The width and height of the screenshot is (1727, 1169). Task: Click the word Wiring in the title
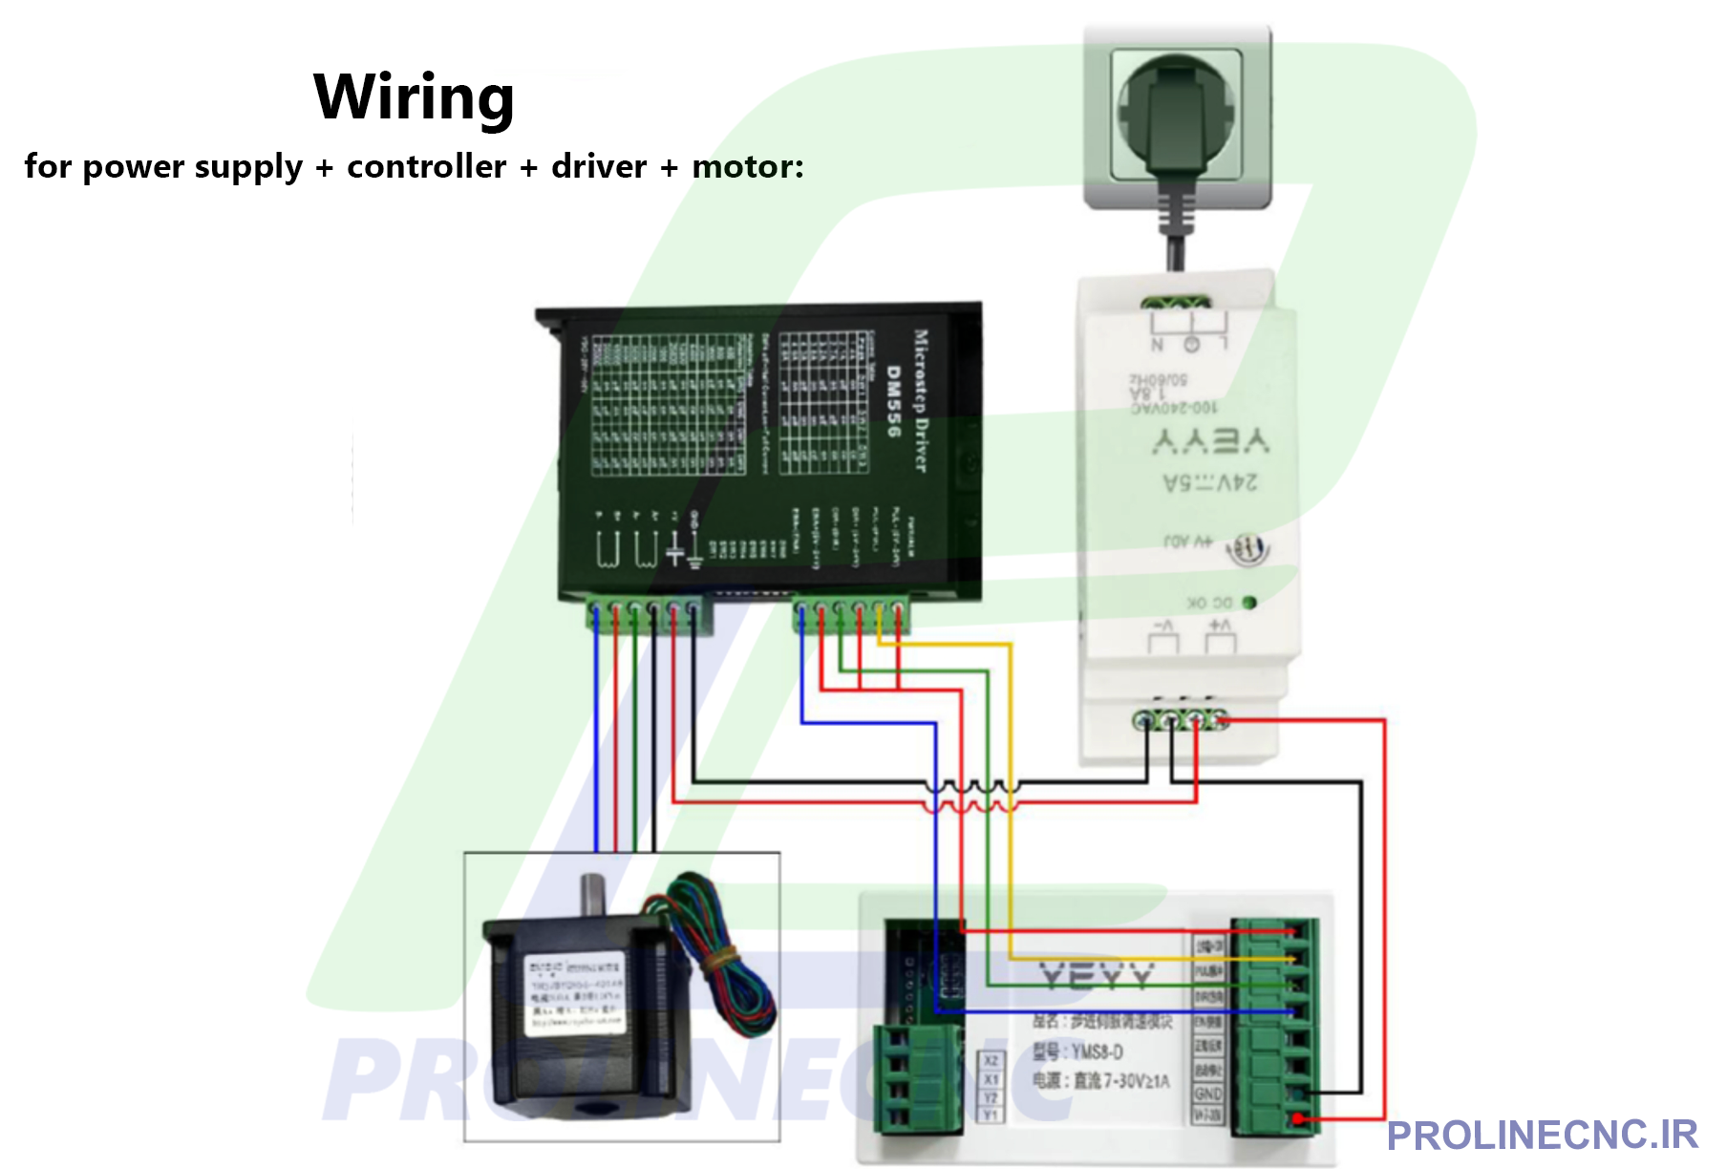click(414, 96)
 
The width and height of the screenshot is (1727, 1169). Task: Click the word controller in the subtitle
click(426, 166)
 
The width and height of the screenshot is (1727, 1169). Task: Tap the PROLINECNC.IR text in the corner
click(1542, 1136)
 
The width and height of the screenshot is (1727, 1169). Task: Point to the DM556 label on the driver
click(893, 401)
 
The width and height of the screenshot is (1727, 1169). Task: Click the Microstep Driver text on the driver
click(921, 401)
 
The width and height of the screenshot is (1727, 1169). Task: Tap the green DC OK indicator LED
click(1248, 603)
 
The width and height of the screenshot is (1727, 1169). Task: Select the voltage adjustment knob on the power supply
click(1247, 549)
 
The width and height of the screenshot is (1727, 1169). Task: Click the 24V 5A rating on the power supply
click(1210, 482)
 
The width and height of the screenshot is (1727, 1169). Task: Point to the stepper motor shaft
click(593, 894)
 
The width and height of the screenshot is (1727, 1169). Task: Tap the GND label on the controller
click(1207, 1094)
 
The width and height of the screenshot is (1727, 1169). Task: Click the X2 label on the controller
click(991, 1061)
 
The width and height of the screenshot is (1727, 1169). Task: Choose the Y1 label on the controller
click(991, 1115)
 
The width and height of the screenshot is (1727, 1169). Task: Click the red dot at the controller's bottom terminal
click(1297, 1118)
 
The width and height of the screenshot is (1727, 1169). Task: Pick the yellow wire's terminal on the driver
click(879, 608)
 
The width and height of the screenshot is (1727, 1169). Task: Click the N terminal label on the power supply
click(1158, 345)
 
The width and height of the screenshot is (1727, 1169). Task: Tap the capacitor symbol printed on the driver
click(674, 548)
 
